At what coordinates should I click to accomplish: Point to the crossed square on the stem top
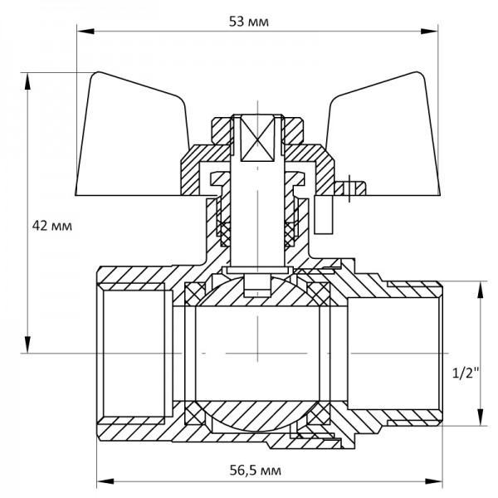257,136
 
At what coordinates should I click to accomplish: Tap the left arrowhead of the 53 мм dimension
80,32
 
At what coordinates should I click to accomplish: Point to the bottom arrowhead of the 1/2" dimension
480,422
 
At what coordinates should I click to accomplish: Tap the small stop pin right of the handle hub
350,186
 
